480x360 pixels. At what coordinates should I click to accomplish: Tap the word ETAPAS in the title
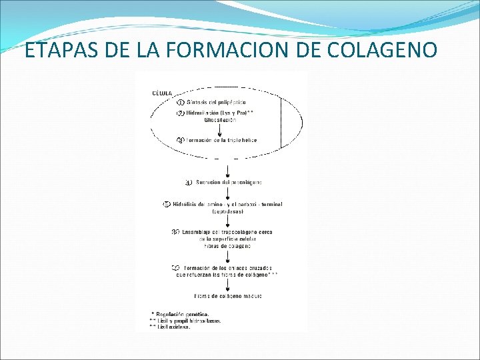pyautogui.click(x=55, y=50)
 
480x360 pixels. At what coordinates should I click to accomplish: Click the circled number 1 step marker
pyautogui.click(x=181, y=102)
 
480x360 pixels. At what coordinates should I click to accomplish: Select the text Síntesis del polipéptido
pyautogui.click(x=211, y=102)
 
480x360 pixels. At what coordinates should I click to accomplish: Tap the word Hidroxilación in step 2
pyautogui.click(x=207, y=114)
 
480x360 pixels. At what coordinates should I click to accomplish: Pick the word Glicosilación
pyautogui.click(x=220, y=121)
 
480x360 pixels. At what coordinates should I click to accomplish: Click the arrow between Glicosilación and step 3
pyautogui.click(x=219, y=130)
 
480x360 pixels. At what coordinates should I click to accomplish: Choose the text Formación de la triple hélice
pyautogui.click(x=221, y=140)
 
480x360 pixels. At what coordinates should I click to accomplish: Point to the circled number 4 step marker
pyautogui.click(x=189, y=182)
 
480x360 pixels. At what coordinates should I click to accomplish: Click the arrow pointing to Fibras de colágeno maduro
pyautogui.click(x=228, y=285)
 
